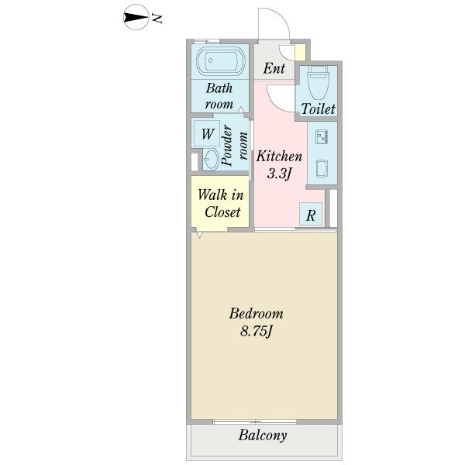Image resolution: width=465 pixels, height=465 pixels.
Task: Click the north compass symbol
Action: (x=136, y=17)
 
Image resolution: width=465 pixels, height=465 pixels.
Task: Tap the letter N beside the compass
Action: (x=157, y=19)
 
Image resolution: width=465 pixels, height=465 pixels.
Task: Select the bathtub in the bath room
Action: (x=221, y=60)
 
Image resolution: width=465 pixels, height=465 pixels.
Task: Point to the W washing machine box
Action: (x=207, y=134)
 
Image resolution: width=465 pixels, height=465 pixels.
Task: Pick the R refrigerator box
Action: (x=311, y=214)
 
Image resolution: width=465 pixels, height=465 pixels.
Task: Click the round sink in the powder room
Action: (x=211, y=160)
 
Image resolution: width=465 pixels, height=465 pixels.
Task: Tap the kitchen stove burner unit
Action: (x=322, y=137)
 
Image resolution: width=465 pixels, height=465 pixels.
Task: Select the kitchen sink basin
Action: (x=322, y=168)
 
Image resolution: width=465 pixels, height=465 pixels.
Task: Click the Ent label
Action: (x=274, y=68)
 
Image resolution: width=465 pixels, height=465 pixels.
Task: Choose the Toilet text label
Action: (x=318, y=109)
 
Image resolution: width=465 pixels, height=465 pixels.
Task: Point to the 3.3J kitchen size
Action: (x=278, y=174)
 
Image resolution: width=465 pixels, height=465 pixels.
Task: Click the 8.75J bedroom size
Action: (x=257, y=331)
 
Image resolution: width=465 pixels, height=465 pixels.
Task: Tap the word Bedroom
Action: (x=257, y=313)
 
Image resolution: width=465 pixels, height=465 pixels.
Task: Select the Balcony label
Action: (x=263, y=436)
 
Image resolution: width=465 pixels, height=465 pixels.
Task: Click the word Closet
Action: (x=222, y=212)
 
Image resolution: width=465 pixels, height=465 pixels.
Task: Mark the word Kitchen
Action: (x=279, y=157)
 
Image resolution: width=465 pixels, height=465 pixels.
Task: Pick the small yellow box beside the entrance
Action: (x=300, y=53)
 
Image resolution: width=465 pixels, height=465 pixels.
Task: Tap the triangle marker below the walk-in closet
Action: (x=200, y=235)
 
